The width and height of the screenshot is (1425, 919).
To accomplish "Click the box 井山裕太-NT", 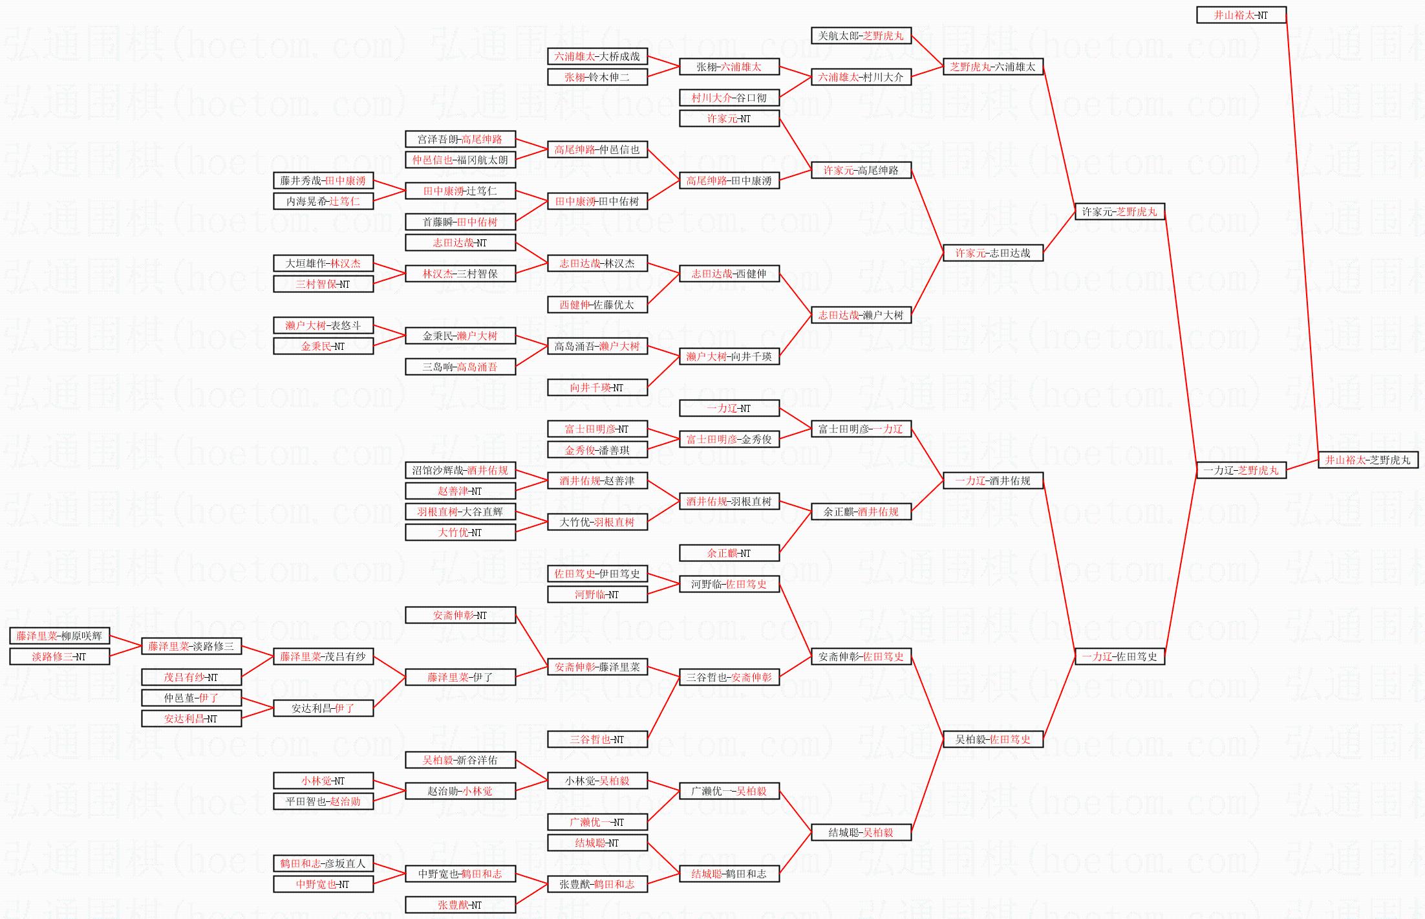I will tap(1241, 15).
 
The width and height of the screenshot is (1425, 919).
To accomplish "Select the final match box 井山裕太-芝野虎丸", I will tap(1367, 460).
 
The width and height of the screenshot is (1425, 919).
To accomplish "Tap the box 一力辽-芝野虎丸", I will tap(1241, 470).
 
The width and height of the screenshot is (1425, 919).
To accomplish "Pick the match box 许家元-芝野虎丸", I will tap(1119, 211).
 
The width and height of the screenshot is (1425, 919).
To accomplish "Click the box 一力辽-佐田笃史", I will tap(1119, 656).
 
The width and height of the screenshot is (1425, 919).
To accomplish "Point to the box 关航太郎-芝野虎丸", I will tap(861, 36).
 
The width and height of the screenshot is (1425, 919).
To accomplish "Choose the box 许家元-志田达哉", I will tap(992, 253).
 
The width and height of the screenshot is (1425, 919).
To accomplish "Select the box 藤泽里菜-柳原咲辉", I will tap(59, 636).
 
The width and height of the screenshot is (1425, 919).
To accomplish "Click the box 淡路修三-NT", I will tap(59, 656).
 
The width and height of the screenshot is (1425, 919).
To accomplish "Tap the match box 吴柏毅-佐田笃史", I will tap(992, 739).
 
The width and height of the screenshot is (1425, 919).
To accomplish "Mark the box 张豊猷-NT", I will tap(460, 905).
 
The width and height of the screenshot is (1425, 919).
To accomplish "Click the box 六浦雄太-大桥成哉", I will tap(597, 56).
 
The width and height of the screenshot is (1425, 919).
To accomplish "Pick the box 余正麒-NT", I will tap(729, 553).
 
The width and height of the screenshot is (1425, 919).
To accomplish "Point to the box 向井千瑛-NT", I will tap(597, 387).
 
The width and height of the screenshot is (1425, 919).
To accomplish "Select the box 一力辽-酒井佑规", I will tap(992, 481).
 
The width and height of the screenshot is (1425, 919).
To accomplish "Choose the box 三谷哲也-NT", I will tap(597, 739).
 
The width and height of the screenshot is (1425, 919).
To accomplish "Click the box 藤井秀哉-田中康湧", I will tap(323, 180).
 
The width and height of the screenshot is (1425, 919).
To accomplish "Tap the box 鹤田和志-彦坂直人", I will tap(323, 863).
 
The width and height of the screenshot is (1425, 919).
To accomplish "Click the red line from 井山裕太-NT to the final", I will tap(1302, 233).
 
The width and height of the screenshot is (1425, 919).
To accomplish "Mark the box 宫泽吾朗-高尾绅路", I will tap(460, 139).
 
